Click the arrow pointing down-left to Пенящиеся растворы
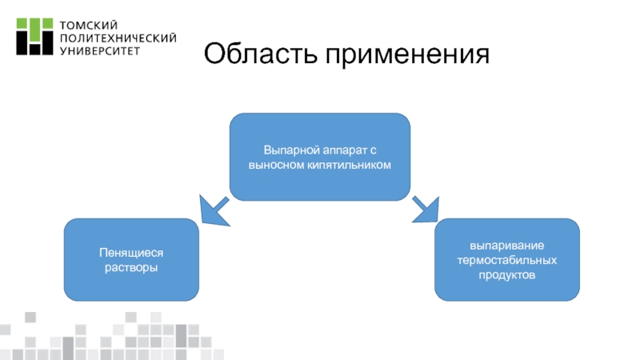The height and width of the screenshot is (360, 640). [x=212, y=212]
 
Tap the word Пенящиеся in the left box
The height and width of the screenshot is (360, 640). [x=131, y=252]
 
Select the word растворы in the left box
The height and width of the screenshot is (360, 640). [x=131, y=266]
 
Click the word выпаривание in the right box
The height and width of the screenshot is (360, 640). [x=507, y=246]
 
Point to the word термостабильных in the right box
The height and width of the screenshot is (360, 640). [x=507, y=260]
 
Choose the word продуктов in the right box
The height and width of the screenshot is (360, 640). [x=507, y=274]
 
